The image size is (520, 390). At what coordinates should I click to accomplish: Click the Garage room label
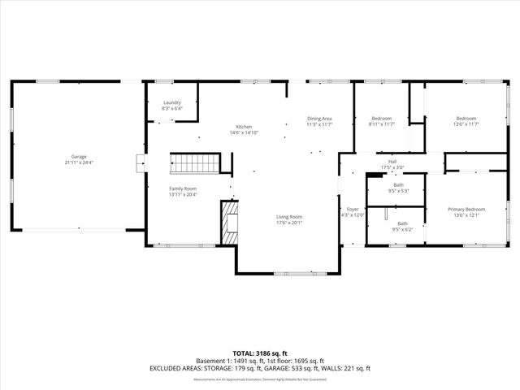(x=79, y=156)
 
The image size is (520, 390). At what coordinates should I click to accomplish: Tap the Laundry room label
(x=172, y=102)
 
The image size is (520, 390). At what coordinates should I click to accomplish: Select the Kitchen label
(x=244, y=127)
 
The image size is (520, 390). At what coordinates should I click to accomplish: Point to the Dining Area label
(x=319, y=119)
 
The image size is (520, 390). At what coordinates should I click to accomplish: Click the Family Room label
(x=183, y=188)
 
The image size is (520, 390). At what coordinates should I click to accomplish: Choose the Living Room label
(x=289, y=216)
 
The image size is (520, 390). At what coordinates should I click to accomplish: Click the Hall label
(x=392, y=162)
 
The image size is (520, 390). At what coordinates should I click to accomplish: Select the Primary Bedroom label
(x=466, y=210)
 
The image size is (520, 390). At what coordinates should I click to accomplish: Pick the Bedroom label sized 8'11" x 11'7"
(x=382, y=119)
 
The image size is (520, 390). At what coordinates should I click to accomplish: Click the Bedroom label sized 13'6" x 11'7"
(x=466, y=119)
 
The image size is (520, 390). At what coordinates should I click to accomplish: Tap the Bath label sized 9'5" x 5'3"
(x=398, y=185)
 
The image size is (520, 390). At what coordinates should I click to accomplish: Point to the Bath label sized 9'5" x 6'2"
(x=402, y=223)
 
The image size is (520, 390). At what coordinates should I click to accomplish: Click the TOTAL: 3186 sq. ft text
(x=260, y=353)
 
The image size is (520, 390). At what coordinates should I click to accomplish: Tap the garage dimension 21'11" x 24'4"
(x=79, y=162)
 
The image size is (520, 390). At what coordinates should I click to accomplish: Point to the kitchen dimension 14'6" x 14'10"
(x=244, y=133)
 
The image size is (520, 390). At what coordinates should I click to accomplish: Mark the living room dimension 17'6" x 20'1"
(x=289, y=223)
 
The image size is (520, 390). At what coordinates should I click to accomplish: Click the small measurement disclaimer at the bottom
(x=260, y=378)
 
